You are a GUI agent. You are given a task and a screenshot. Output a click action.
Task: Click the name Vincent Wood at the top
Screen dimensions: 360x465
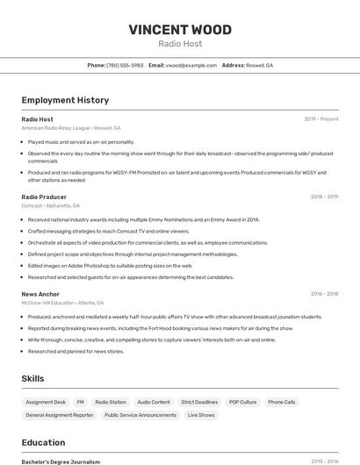coord(180,30)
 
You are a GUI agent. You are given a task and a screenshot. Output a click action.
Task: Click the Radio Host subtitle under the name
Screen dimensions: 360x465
coord(180,44)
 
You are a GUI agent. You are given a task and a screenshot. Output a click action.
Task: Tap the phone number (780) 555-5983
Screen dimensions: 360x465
coord(124,65)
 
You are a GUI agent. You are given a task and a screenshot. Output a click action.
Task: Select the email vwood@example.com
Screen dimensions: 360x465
coord(191,65)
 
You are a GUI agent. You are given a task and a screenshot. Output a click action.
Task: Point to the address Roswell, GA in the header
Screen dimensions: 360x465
coord(259,65)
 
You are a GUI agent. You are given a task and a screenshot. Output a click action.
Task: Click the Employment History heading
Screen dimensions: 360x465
coord(65,100)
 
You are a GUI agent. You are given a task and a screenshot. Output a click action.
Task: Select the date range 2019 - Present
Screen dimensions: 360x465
coord(320,118)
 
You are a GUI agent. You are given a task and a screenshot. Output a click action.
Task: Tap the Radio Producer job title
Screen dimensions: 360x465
coord(44,197)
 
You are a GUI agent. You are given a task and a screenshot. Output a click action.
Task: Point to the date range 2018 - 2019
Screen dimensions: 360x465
coord(324,197)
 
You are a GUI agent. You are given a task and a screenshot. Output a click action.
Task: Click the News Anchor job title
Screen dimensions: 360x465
coord(40,294)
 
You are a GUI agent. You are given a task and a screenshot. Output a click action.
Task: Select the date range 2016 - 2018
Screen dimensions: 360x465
coord(324,294)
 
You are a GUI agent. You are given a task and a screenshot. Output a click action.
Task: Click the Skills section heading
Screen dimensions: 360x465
coord(33,378)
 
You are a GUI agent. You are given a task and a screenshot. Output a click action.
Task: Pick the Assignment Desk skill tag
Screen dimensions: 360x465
coord(46,402)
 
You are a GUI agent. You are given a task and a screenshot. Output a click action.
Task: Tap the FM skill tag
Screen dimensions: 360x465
coord(81,402)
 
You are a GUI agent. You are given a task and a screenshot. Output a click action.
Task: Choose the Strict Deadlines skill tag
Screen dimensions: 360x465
coord(199,402)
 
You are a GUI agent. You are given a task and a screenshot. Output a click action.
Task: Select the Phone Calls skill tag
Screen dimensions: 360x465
coord(282,402)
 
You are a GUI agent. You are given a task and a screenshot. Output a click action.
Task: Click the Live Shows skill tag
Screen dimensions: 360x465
coord(200,415)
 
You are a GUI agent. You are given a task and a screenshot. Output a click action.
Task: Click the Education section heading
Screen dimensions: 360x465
coord(43,442)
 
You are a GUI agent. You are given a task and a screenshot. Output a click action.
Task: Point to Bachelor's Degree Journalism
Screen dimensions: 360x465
coord(61,461)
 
